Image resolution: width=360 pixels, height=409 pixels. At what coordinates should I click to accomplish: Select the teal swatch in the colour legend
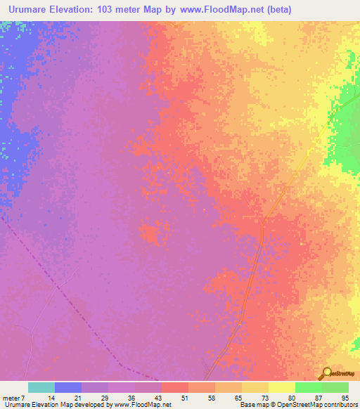[41, 387]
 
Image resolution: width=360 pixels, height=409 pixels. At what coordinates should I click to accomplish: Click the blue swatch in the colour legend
[68, 387]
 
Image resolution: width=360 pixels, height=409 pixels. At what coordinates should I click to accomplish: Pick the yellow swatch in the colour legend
[281, 387]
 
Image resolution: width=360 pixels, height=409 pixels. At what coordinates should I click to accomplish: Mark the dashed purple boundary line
[70, 302]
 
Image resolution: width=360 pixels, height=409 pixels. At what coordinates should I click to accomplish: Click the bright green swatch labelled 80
[308, 387]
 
